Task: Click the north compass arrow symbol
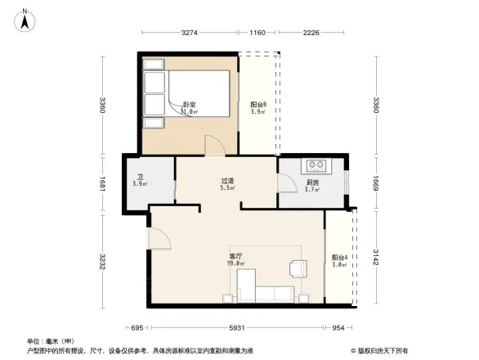[25, 19]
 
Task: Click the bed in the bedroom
[180, 97]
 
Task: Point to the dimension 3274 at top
[190, 34]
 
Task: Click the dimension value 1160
[257, 34]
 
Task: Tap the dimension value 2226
[310, 34]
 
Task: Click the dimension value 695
[137, 328]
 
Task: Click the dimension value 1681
[102, 185]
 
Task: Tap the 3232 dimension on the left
[102, 262]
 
